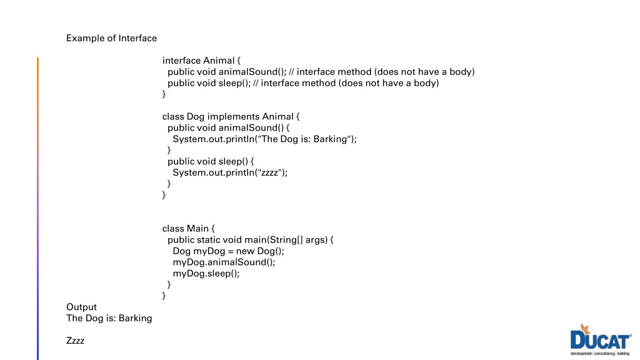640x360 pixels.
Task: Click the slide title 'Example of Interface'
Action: point(111,38)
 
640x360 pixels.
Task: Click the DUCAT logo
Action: point(601,339)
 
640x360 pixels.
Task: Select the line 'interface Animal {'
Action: point(202,61)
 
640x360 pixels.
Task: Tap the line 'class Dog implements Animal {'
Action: point(231,116)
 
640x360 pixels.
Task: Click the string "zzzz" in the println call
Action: point(270,172)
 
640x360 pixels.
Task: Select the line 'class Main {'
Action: point(189,228)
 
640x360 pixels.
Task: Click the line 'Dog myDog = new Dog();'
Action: point(228,251)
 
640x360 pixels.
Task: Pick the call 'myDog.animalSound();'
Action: point(224,262)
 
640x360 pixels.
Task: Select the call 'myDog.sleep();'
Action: point(206,273)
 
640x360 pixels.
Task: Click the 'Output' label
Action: point(82,307)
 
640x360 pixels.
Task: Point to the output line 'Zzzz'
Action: point(75,341)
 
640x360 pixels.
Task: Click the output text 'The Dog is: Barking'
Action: point(109,318)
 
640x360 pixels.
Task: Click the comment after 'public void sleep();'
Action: point(346,83)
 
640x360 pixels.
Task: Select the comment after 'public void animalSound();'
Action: point(382,71)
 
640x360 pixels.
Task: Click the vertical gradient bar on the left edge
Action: point(38,209)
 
